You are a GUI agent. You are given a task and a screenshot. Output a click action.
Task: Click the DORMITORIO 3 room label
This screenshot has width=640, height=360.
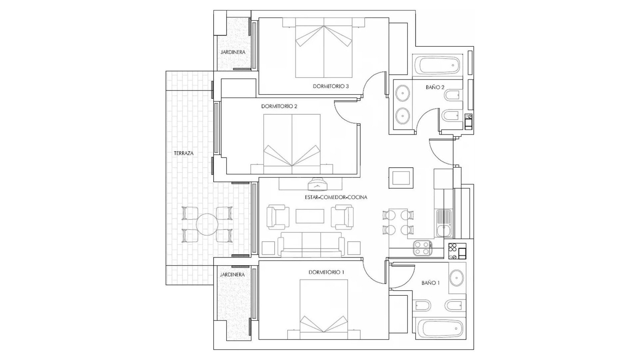pyautogui.click(x=330, y=86)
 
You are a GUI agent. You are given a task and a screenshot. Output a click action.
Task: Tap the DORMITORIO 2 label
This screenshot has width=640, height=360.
pyautogui.click(x=279, y=106)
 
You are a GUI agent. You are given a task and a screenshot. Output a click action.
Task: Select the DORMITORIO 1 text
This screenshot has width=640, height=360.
pyautogui.click(x=326, y=272)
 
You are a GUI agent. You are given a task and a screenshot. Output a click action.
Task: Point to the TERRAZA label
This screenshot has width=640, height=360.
pyautogui.click(x=183, y=153)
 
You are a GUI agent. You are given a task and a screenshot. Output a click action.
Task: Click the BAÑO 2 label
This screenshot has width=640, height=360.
pyautogui.click(x=435, y=87)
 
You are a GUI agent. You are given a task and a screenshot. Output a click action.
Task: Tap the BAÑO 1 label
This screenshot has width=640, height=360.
pyautogui.click(x=430, y=283)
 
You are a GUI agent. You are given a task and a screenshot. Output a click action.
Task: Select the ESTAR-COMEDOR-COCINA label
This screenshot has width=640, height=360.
pyautogui.click(x=336, y=197)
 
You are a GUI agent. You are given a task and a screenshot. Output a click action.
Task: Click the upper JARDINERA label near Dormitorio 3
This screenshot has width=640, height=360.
pyautogui.click(x=233, y=52)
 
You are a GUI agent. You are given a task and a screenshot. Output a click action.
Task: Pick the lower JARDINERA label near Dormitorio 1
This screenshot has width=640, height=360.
pyautogui.click(x=232, y=275)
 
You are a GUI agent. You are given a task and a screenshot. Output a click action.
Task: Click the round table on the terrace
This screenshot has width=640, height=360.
pyautogui.click(x=207, y=224)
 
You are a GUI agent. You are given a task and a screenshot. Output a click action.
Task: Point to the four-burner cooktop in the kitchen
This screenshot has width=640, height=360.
pyautogui.click(x=423, y=248)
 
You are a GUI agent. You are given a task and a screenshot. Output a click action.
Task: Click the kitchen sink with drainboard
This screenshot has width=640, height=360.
pyautogui.click(x=444, y=223)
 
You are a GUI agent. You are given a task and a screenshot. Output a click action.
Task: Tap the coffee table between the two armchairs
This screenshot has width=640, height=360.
pyautogui.click(x=310, y=216)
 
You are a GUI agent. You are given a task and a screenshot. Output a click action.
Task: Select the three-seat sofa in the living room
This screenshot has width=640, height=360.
pyautogui.click(x=311, y=245)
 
